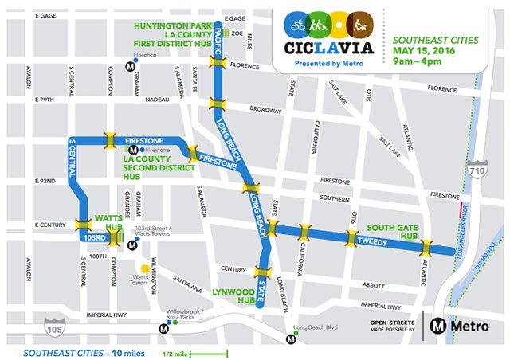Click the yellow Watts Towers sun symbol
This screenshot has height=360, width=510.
145,270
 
